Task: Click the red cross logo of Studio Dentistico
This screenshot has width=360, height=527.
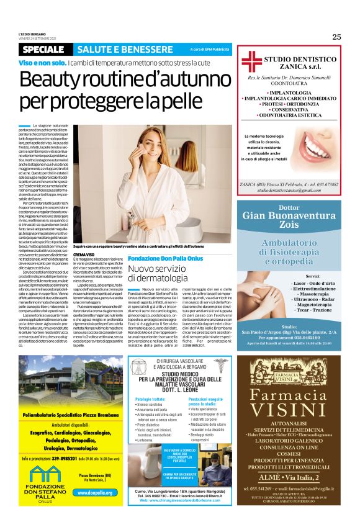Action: coord(251,60)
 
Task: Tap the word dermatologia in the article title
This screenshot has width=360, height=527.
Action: coord(158,279)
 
